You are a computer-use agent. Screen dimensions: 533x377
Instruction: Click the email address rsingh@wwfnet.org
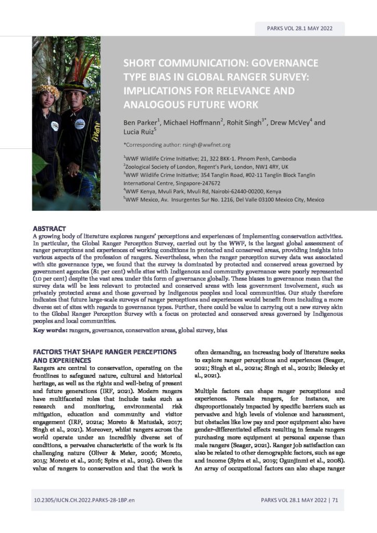202,145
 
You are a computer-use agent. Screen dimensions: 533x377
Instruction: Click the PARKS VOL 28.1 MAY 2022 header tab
300,29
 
